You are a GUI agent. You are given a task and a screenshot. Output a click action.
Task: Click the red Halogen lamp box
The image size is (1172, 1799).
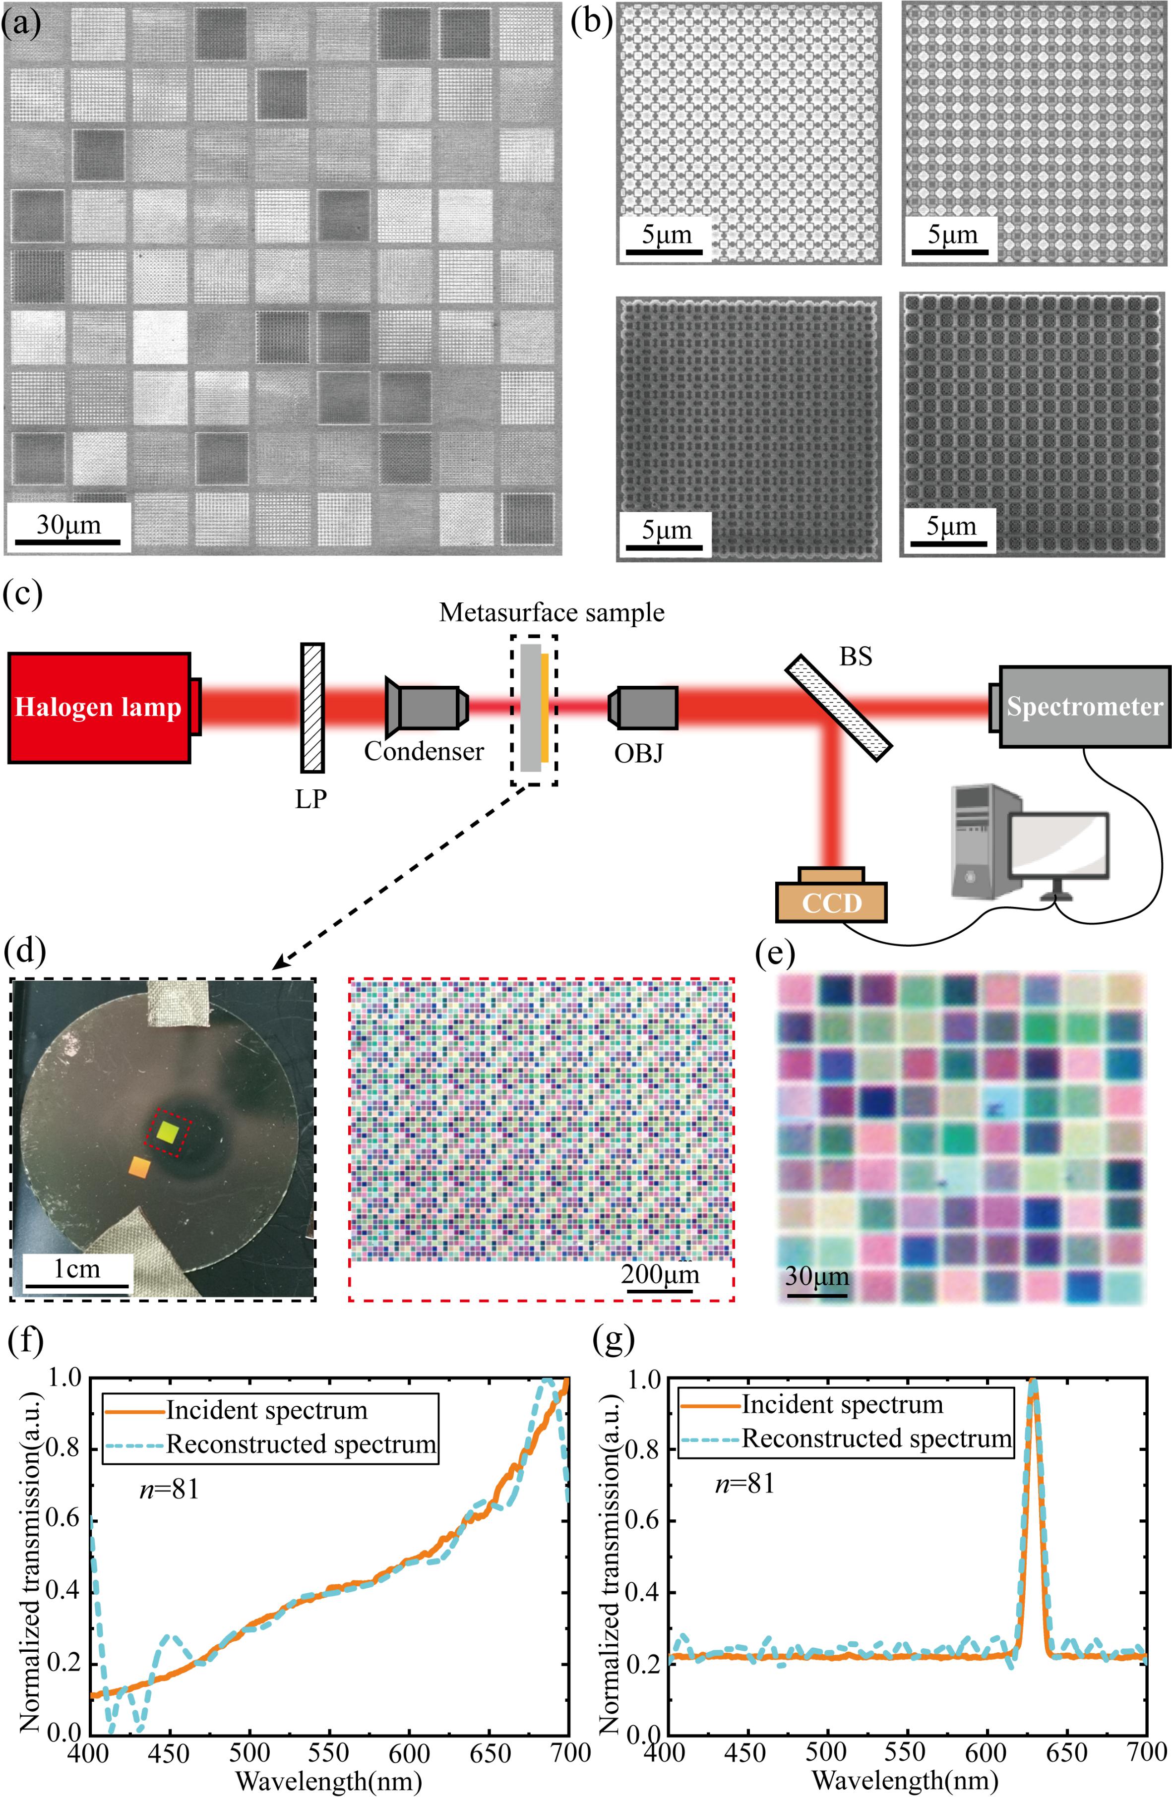[98, 708]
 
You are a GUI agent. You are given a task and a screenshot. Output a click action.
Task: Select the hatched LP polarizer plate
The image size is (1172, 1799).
[312, 708]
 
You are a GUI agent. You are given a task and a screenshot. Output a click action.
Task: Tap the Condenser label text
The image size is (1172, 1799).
[424, 751]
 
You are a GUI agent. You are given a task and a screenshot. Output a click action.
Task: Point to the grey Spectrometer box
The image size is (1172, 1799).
[1084, 706]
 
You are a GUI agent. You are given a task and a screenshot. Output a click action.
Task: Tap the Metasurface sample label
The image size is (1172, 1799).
[552, 612]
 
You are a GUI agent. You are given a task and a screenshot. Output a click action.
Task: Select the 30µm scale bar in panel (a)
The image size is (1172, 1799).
[68, 541]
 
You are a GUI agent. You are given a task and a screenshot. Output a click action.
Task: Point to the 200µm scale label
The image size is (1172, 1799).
[660, 1275]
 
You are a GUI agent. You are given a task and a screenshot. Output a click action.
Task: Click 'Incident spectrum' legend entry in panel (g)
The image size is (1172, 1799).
[842, 1404]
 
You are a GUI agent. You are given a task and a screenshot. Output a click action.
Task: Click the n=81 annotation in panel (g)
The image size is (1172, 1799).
[745, 1484]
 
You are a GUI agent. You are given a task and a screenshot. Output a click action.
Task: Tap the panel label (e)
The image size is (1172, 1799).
[775, 956]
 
